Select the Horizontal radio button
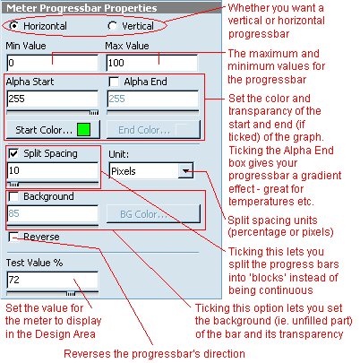[x=13, y=26]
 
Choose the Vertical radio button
[x=112, y=26]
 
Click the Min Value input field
[x=53, y=63]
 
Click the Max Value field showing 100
[x=152, y=63]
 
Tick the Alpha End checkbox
[x=114, y=82]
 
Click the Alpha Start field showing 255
[x=53, y=99]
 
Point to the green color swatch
[x=83, y=130]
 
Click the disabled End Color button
[x=153, y=130]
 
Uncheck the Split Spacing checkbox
[x=13, y=153]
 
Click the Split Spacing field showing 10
[x=53, y=170]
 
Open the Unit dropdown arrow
[x=185, y=171]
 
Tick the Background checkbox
[x=13, y=196]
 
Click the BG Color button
[x=153, y=213]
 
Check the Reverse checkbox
[x=13, y=237]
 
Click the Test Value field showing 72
[x=53, y=280]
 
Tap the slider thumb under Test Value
[x=71, y=294]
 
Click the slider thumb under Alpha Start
[x=94, y=113]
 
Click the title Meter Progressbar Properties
[x=81, y=8]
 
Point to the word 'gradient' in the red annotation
[x=321, y=176]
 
